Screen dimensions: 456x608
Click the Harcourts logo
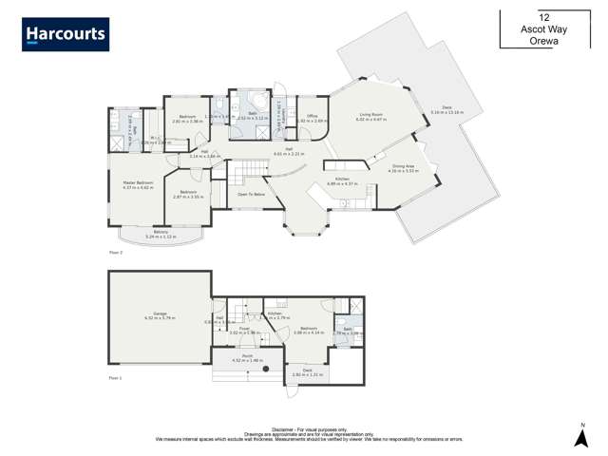click(x=66, y=34)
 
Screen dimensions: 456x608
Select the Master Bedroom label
click(x=138, y=184)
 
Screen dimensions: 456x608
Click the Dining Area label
click(x=404, y=167)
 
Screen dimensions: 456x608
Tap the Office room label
click(x=312, y=118)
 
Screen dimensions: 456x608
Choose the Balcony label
click(x=161, y=234)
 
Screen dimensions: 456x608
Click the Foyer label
click(x=244, y=331)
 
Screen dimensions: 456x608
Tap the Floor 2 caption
click(x=115, y=252)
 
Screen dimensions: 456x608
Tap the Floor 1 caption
click(x=115, y=378)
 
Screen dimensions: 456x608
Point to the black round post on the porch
click(x=266, y=369)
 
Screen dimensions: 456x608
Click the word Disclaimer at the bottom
click(x=282, y=429)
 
